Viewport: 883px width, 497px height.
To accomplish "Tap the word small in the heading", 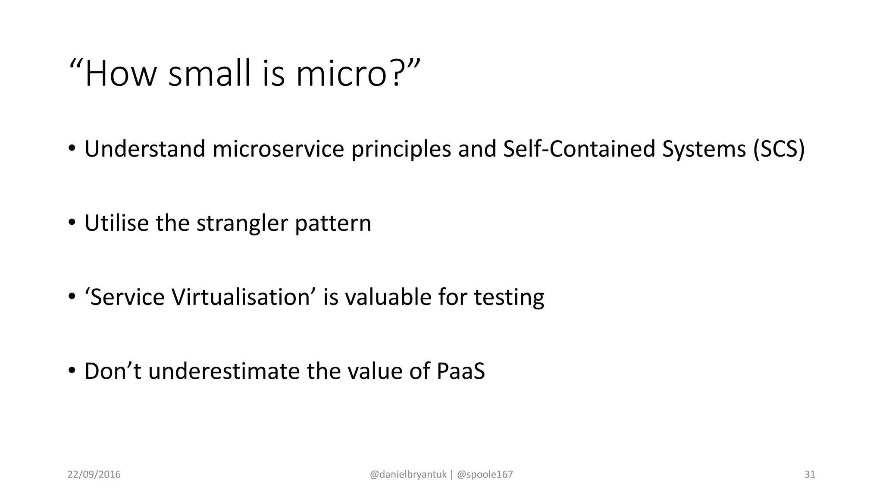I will (210, 74).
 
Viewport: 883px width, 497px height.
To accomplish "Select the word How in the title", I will (120, 74).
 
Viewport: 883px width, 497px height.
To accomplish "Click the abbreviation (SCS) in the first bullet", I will (779, 149).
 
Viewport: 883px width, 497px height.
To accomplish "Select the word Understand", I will (145, 149).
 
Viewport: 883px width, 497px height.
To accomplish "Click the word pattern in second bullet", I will (333, 223).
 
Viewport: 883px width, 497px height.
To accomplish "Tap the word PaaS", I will (461, 371).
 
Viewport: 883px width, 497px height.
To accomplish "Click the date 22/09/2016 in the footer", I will (94, 475).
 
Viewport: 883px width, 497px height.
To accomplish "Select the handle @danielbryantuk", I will (408, 475).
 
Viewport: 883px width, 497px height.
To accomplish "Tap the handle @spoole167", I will (485, 475).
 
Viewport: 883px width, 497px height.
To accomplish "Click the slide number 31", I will (810, 475).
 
